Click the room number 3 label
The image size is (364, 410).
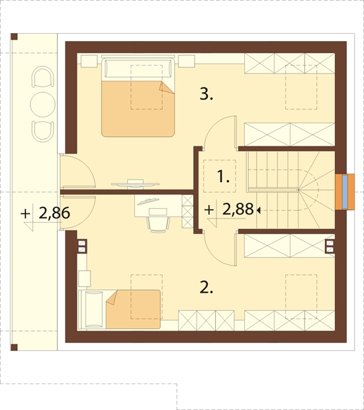click(x=206, y=94)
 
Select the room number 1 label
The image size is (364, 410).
click(x=224, y=176)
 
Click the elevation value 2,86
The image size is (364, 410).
click(x=54, y=213)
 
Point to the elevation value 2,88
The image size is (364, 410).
click(x=238, y=209)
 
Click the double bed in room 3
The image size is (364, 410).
click(x=138, y=97)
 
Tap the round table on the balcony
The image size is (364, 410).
click(x=43, y=105)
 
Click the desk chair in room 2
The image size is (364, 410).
click(x=158, y=225)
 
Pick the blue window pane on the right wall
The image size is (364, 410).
click(x=345, y=191)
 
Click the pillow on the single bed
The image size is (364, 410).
click(x=94, y=309)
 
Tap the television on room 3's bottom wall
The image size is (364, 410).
click(x=135, y=184)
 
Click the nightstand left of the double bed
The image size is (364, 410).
click(x=89, y=61)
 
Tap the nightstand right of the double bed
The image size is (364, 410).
click(x=187, y=61)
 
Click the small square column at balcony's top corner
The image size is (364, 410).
click(x=14, y=36)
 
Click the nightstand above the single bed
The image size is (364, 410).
click(x=84, y=279)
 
